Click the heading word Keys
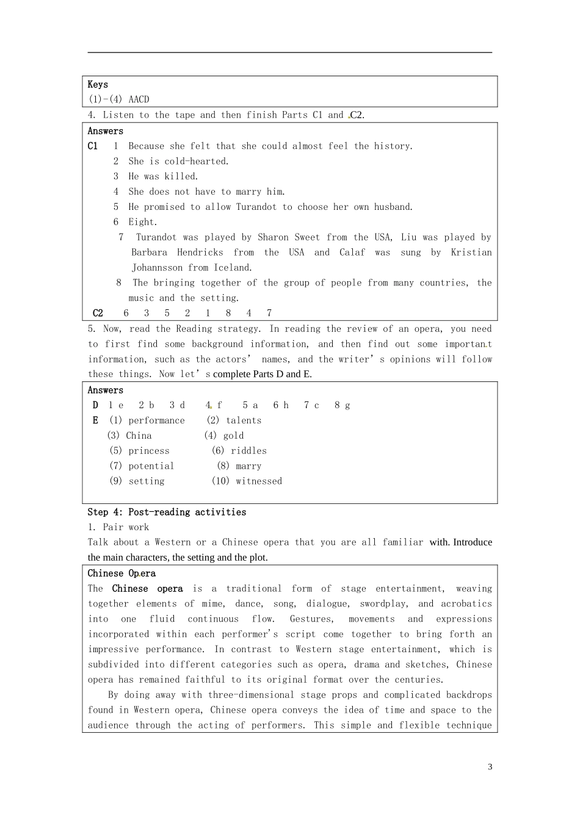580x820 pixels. (x=98, y=85)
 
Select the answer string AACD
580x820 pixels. (x=139, y=99)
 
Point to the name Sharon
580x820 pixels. (x=274, y=237)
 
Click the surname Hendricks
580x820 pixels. (x=200, y=253)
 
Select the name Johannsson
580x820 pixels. (x=157, y=268)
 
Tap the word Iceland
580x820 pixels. (x=233, y=268)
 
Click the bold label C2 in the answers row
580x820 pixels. (x=98, y=314)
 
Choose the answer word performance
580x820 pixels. (x=156, y=421)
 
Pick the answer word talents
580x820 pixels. (x=244, y=421)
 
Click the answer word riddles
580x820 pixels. (x=248, y=451)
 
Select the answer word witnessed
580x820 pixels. (x=259, y=481)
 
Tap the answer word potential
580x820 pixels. (x=151, y=466)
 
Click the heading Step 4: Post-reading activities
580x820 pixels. (x=167, y=512)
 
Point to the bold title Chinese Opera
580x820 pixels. (x=121, y=574)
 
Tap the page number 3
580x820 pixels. (x=490, y=767)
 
